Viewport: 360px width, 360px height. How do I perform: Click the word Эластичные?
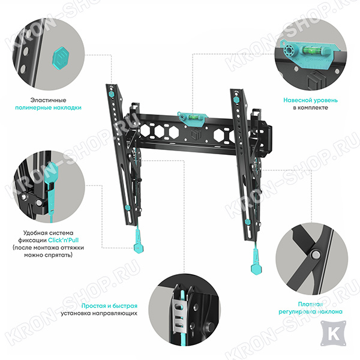(x=48, y=100)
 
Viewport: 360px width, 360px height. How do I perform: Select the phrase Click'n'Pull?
(x=63, y=240)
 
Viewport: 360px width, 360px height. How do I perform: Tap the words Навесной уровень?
(x=310, y=100)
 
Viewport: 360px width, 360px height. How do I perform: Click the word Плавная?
(x=310, y=304)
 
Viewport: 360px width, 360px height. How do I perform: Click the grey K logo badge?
(x=333, y=334)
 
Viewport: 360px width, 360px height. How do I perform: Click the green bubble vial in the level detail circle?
(x=309, y=49)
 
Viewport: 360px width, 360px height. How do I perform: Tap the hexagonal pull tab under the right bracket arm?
(x=256, y=268)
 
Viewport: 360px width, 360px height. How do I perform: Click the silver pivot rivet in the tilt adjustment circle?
(x=316, y=254)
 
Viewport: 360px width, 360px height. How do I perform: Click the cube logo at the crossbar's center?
(x=194, y=134)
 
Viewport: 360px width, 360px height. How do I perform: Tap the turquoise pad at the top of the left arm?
(x=112, y=94)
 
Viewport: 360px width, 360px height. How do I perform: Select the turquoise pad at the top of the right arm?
(x=236, y=100)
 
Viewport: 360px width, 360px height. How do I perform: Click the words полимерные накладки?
(x=48, y=107)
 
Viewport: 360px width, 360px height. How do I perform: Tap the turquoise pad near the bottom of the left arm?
(x=128, y=208)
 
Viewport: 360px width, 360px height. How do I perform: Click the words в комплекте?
(x=310, y=107)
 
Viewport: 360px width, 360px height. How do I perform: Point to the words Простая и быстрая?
(x=109, y=306)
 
